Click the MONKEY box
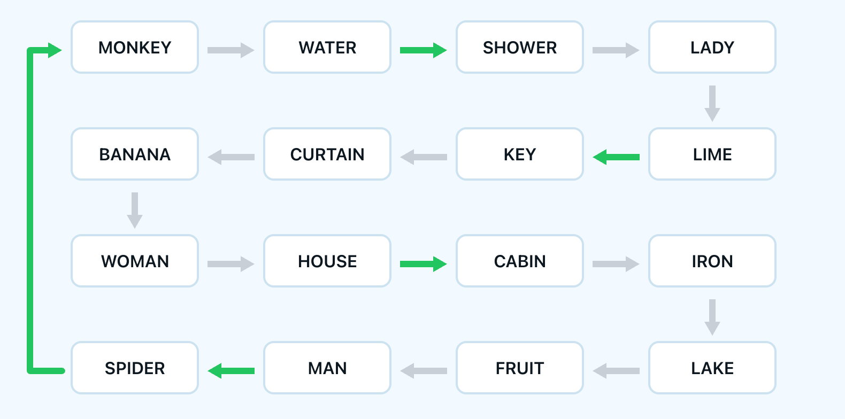(x=135, y=48)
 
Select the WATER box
(x=327, y=48)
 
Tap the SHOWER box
(x=519, y=48)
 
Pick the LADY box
(x=712, y=48)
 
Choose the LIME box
(x=712, y=154)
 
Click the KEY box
(x=519, y=154)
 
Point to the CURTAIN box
(x=327, y=154)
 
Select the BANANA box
(x=135, y=154)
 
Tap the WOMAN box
(x=135, y=261)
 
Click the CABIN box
(x=519, y=261)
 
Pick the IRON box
(x=712, y=261)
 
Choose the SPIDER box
(x=135, y=368)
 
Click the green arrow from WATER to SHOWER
(x=423, y=50)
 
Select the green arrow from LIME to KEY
(x=616, y=157)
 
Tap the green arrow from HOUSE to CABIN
(x=423, y=264)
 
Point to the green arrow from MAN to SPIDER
(x=231, y=371)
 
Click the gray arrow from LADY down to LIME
(x=712, y=103)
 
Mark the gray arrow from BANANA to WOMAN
(x=135, y=210)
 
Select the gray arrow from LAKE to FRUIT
(x=616, y=371)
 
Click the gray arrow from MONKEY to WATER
(x=231, y=50)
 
